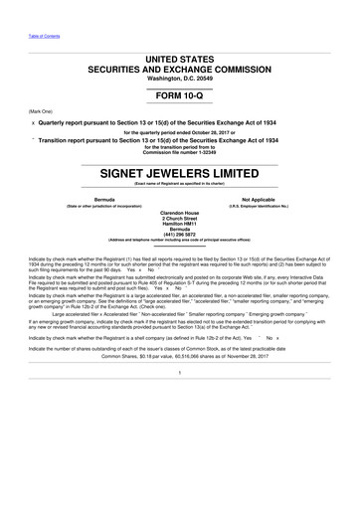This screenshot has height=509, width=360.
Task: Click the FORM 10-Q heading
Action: (x=180, y=99)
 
